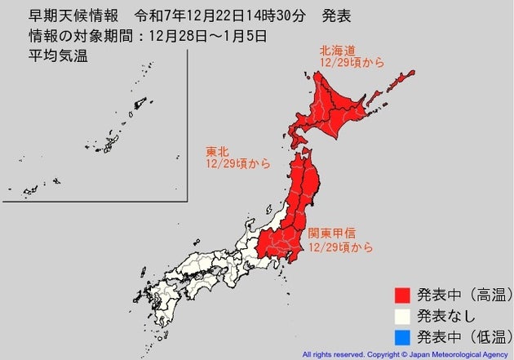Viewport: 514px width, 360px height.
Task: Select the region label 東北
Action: [x=216, y=152]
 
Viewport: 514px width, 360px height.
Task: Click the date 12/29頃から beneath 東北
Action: [x=237, y=163]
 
